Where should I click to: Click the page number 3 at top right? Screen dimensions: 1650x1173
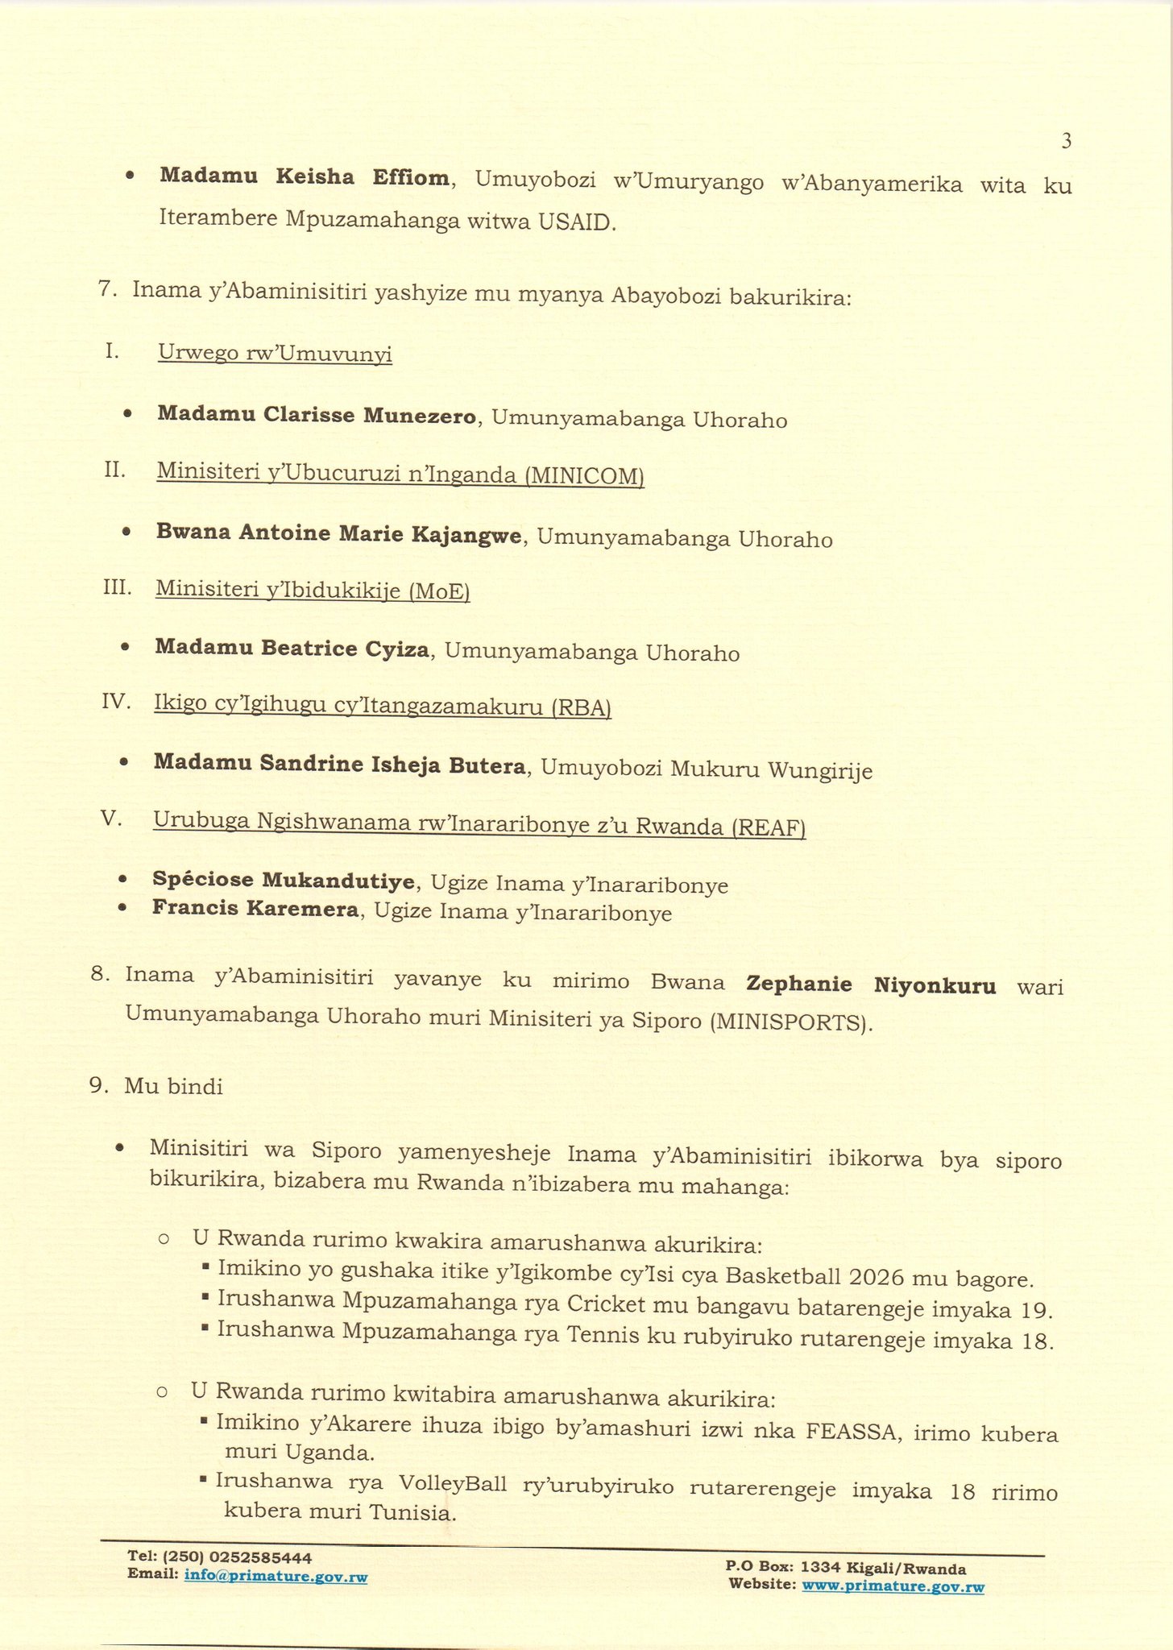pos(1066,142)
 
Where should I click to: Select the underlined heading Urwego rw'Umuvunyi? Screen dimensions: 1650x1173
pos(275,354)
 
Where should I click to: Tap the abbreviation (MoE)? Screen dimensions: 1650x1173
pos(439,591)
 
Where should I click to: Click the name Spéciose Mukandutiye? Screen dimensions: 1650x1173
pos(284,881)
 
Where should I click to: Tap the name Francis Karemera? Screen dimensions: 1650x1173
pos(255,910)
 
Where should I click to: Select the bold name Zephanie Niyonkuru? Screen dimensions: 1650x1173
pos(871,985)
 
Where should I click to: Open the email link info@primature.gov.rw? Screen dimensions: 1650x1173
pos(276,1576)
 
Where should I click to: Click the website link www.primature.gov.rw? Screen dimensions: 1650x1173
pos(893,1587)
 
